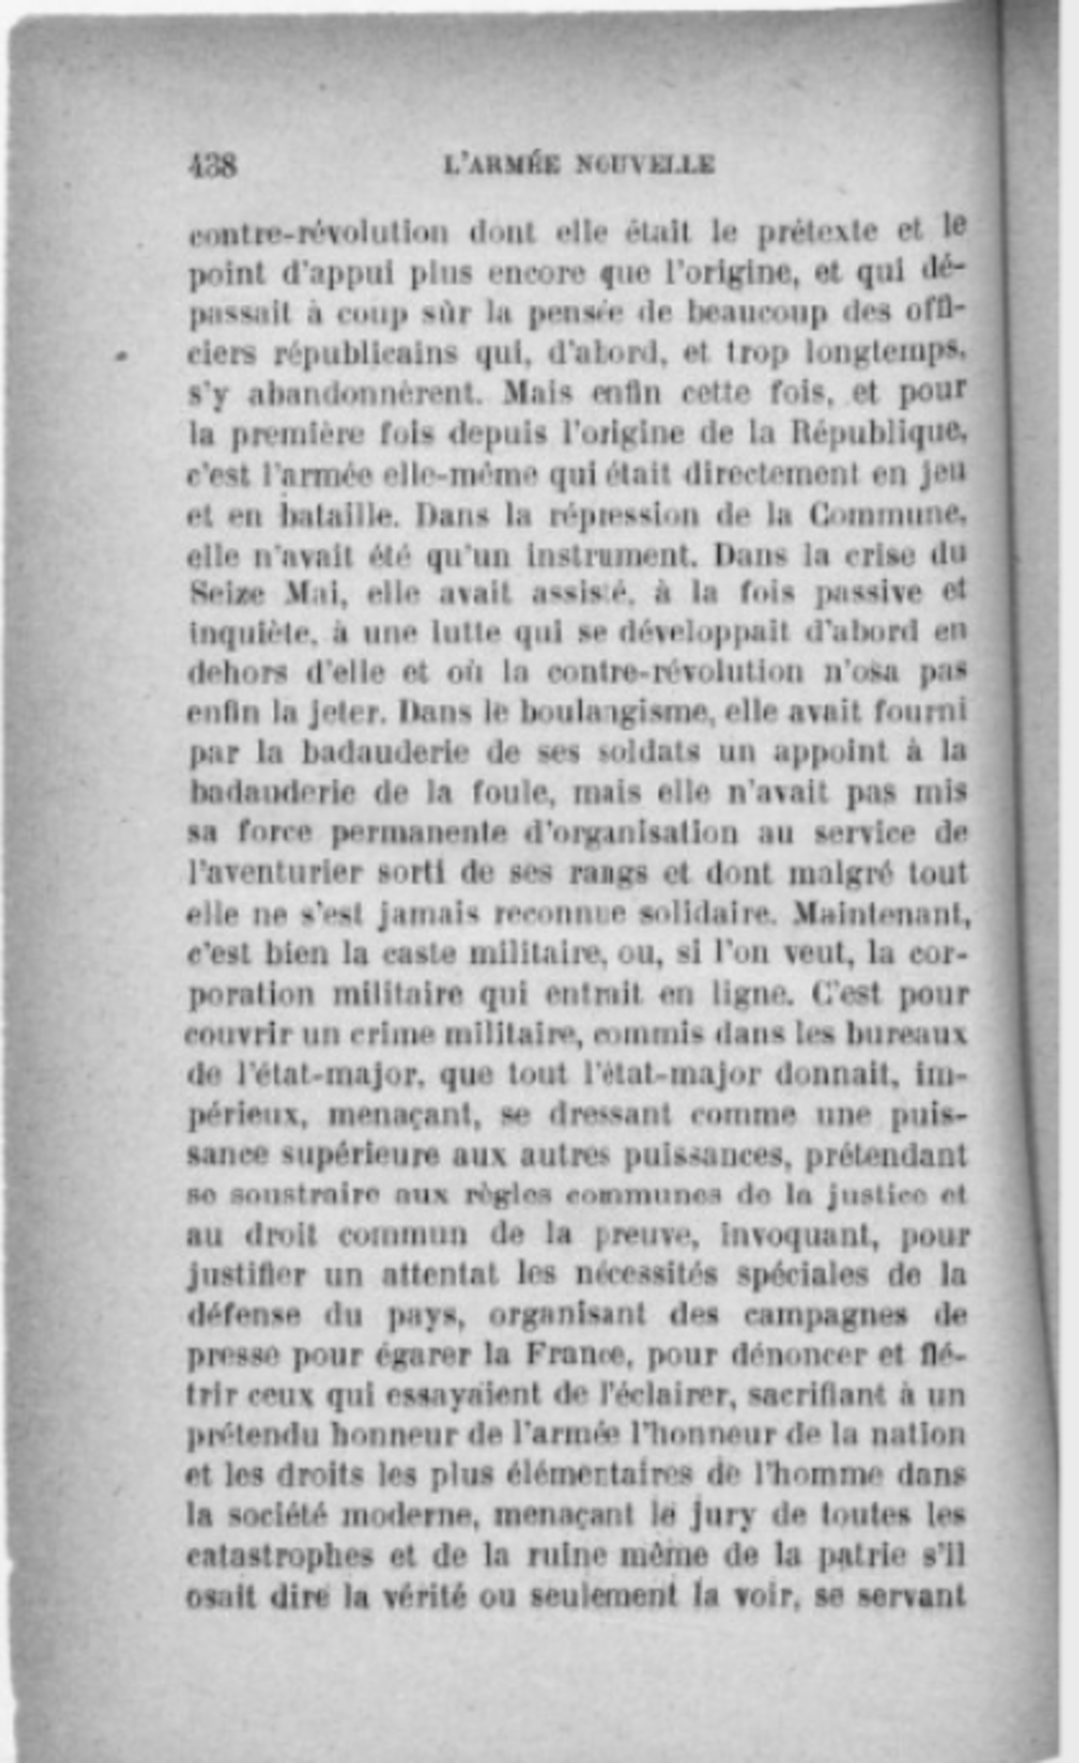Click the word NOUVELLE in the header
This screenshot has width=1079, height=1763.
(644, 166)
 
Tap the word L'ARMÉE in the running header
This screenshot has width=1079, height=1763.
(499, 166)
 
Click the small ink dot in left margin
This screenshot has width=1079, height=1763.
(123, 354)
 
